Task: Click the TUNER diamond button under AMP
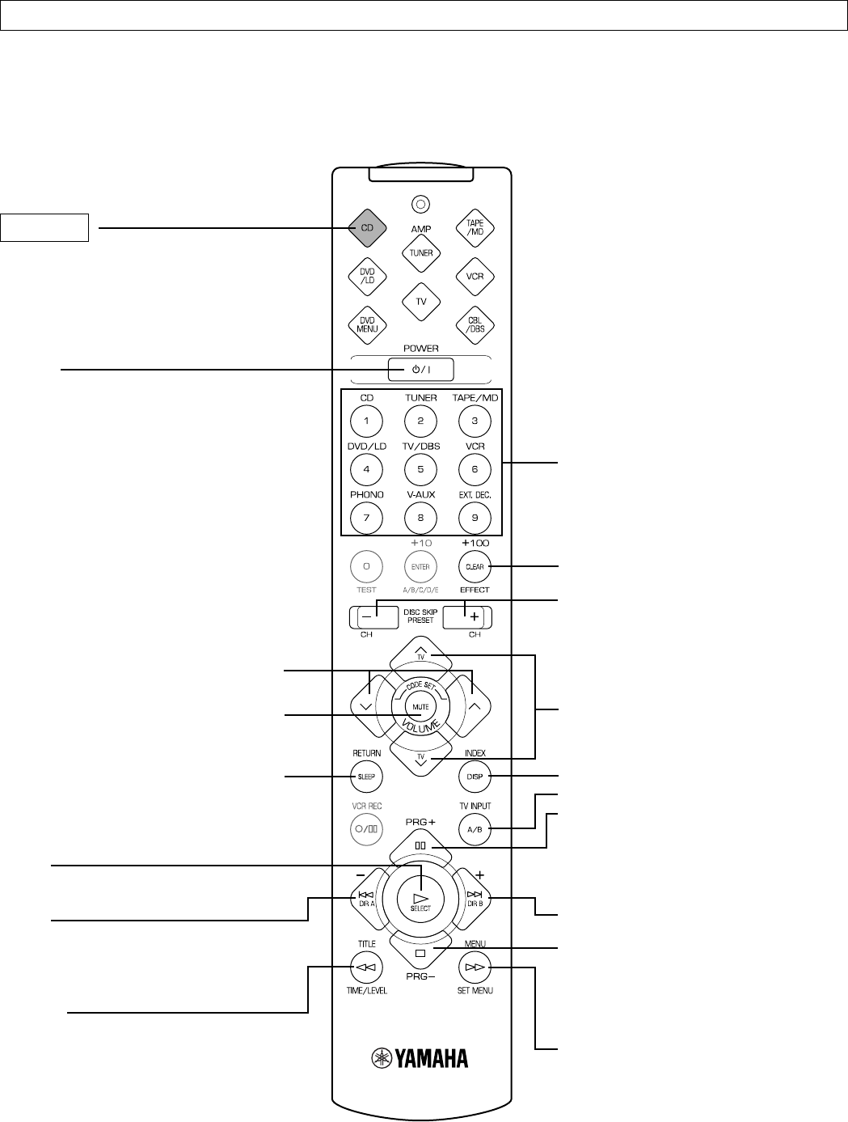coord(420,253)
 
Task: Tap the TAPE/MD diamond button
coord(475,227)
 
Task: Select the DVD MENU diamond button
coord(367,324)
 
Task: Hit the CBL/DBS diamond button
coord(475,324)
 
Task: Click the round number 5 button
coord(420,469)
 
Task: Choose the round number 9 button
coord(475,518)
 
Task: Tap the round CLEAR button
coord(475,566)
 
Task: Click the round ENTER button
coord(420,566)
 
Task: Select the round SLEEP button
coord(366,777)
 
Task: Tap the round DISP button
coord(475,777)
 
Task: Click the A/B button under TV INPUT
coord(475,829)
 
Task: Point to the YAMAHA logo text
coord(420,1058)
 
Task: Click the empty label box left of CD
coord(44,228)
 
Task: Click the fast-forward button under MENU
coord(475,966)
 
